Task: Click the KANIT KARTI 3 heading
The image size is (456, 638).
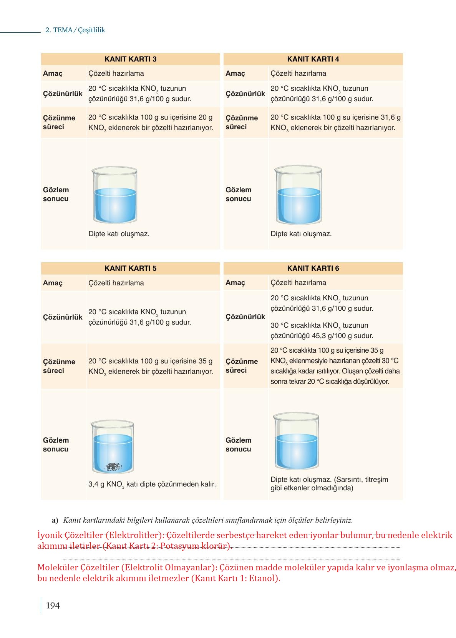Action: [x=130, y=59]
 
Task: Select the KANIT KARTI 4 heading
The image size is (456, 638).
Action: [x=313, y=59]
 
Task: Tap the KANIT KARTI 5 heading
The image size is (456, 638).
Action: [x=130, y=268]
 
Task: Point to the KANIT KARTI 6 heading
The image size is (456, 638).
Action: [x=313, y=268]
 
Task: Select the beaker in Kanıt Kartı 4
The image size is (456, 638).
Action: [x=298, y=195]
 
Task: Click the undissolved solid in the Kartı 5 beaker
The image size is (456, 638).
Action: [x=114, y=466]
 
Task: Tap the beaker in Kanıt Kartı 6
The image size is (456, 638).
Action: [x=296, y=442]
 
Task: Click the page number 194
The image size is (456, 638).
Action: [x=53, y=606]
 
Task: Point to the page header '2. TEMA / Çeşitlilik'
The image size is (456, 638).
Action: [x=75, y=30]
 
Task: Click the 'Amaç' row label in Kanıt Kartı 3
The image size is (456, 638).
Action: [x=53, y=73]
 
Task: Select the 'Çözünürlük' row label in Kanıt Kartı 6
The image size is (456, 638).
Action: [x=245, y=317]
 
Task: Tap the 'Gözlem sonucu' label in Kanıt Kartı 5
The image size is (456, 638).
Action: [x=56, y=445]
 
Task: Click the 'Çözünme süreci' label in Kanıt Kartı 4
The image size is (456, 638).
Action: [x=242, y=122]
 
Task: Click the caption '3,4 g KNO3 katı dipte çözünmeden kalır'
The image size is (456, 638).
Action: [x=152, y=485]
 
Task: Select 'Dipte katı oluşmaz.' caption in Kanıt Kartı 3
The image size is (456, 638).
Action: [x=119, y=234]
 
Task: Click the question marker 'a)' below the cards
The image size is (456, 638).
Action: [x=55, y=520]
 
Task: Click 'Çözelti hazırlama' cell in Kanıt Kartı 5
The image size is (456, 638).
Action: [x=116, y=283]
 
